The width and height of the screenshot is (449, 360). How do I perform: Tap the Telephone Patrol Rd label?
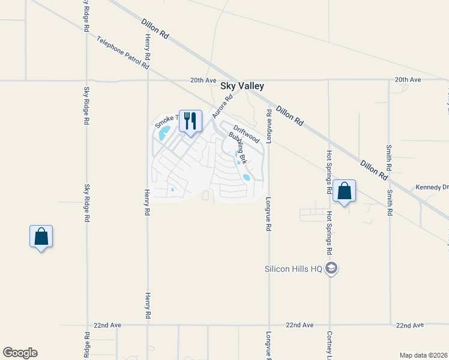coord(123,53)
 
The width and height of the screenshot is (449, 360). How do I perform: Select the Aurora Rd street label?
coord(221,106)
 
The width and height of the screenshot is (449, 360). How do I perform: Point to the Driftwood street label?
coord(246,134)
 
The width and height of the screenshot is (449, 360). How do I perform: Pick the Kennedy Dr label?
coord(432,188)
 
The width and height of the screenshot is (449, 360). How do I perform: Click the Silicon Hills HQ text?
coord(294,268)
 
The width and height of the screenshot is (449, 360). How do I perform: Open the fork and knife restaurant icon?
coord(190,121)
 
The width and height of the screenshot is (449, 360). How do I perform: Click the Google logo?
coord(20,353)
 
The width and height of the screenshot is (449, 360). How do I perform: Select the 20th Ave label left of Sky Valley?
coord(202,80)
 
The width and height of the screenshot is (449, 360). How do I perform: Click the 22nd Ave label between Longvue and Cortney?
coord(300,325)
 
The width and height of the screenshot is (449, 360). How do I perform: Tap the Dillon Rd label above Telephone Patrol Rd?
coord(155,29)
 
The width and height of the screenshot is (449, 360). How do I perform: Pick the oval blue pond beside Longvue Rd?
coord(247,177)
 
